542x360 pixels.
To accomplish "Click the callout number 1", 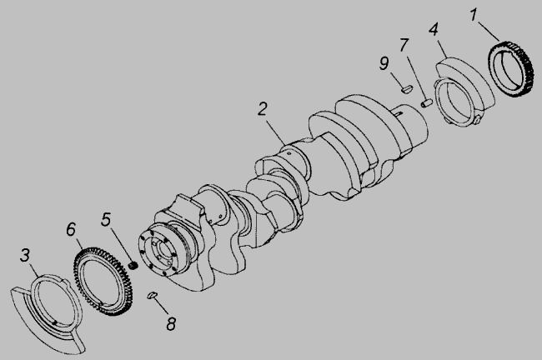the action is (474, 15).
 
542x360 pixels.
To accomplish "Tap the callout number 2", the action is (263, 109).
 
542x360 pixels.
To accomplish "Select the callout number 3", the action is (24, 255).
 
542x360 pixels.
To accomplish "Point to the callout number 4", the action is (434, 29).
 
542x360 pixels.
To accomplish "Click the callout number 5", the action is (106, 219).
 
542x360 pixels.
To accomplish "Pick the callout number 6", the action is (71, 229).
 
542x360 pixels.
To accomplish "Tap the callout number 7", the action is (404, 45).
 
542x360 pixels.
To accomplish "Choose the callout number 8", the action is (171, 323).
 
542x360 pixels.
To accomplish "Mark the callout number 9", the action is (384, 63).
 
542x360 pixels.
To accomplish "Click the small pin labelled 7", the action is (427, 102).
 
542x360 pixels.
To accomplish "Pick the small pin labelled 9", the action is (407, 88).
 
